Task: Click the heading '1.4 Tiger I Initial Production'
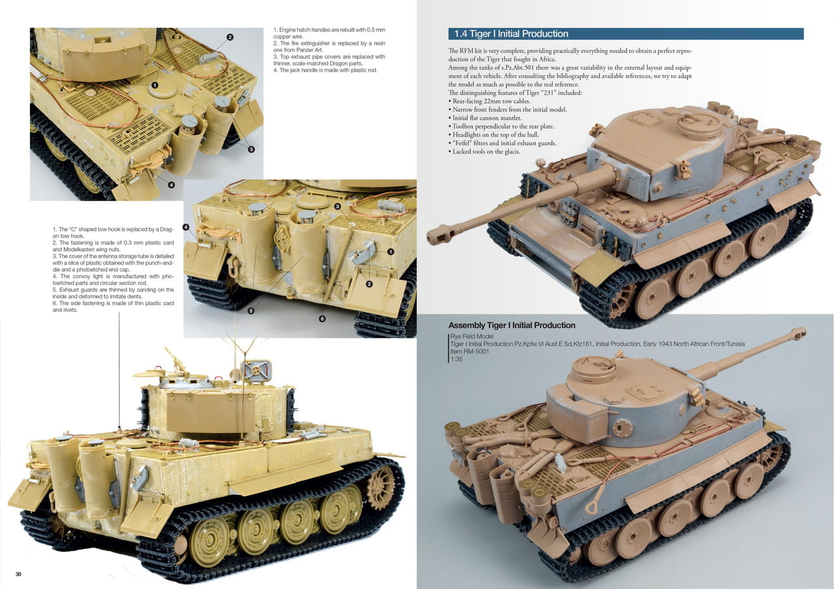click(511, 34)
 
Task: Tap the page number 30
click(18, 574)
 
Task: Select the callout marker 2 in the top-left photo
click(230, 37)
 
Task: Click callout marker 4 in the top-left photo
click(171, 185)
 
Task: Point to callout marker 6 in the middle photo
click(322, 319)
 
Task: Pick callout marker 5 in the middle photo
click(252, 310)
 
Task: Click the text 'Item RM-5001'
click(470, 351)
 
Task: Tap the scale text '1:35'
click(456, 359)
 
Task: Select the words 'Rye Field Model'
click(472, 336)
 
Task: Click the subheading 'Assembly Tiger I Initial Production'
click(511, 325)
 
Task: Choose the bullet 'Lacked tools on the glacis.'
click(484, 152)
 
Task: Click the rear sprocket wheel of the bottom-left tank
click(381, 482)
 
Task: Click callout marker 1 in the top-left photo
click(154, 85)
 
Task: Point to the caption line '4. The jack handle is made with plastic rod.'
click(325, 70)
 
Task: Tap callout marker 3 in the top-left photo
click(252, 149)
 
